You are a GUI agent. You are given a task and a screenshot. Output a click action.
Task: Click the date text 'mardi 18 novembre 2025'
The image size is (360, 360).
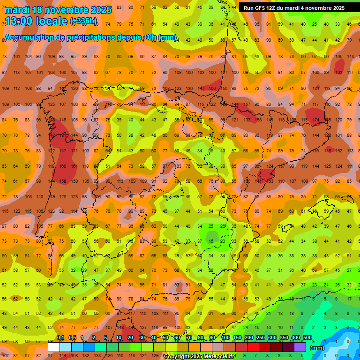[x=58, y=10]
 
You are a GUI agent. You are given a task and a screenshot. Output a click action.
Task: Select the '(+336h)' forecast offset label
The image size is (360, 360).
[x=83, y=21]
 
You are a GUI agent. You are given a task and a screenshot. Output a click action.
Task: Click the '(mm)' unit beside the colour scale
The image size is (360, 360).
[x=317, y=348]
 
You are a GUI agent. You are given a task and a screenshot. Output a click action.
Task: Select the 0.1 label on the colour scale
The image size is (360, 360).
[x=60, y=338]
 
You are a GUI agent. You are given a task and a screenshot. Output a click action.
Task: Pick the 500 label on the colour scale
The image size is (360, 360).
[x=307, y=338]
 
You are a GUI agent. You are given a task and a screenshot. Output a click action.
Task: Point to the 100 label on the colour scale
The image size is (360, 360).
[x=225, y=338]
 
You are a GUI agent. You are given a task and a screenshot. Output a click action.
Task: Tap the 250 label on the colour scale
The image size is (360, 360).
[x=260, y=338]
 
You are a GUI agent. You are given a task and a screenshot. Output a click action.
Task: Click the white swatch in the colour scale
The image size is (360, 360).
[x=54, y=347]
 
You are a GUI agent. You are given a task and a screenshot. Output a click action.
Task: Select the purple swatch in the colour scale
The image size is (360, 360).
[x=300, y=347]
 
